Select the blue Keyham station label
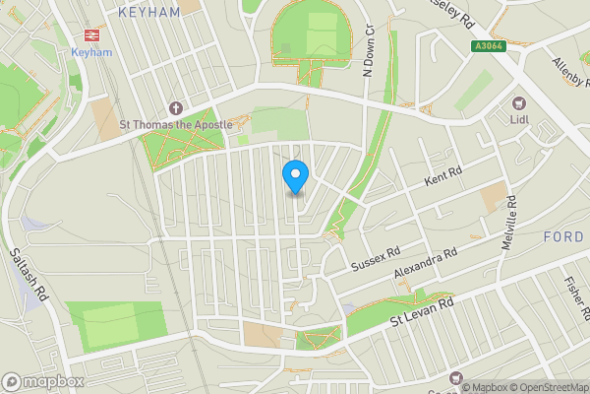pos(92,52)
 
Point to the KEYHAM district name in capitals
pos(148,12)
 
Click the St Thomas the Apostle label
pos(175,125)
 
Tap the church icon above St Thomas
pos(176,107)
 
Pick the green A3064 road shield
pos(487,46)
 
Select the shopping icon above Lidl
pos(519,102)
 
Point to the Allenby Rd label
pos(568,70)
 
